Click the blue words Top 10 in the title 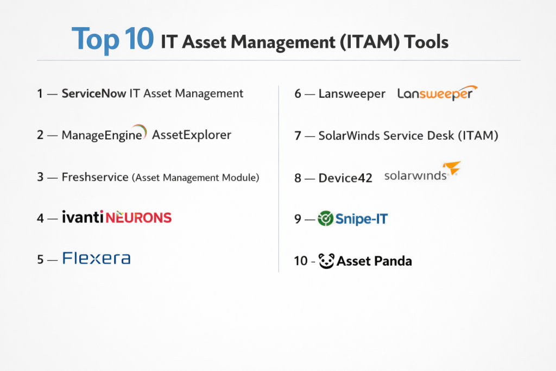[113, 40]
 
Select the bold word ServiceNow [93, 93]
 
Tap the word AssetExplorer [192, 135]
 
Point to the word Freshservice [95, 177]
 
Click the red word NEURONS [138, 217]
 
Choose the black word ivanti [83, 217]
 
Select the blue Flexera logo [97, 258]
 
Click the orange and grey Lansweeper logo [437, 93]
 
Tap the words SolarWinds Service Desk [386, 135]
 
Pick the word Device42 [345, 178]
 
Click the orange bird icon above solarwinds [452, 167]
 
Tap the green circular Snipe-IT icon [325, 218]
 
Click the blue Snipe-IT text [362, 219]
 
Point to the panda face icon [326, 261]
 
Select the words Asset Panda [374, 261]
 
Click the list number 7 [298, 135]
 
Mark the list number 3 [40, 177]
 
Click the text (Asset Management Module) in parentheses [195, 177]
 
